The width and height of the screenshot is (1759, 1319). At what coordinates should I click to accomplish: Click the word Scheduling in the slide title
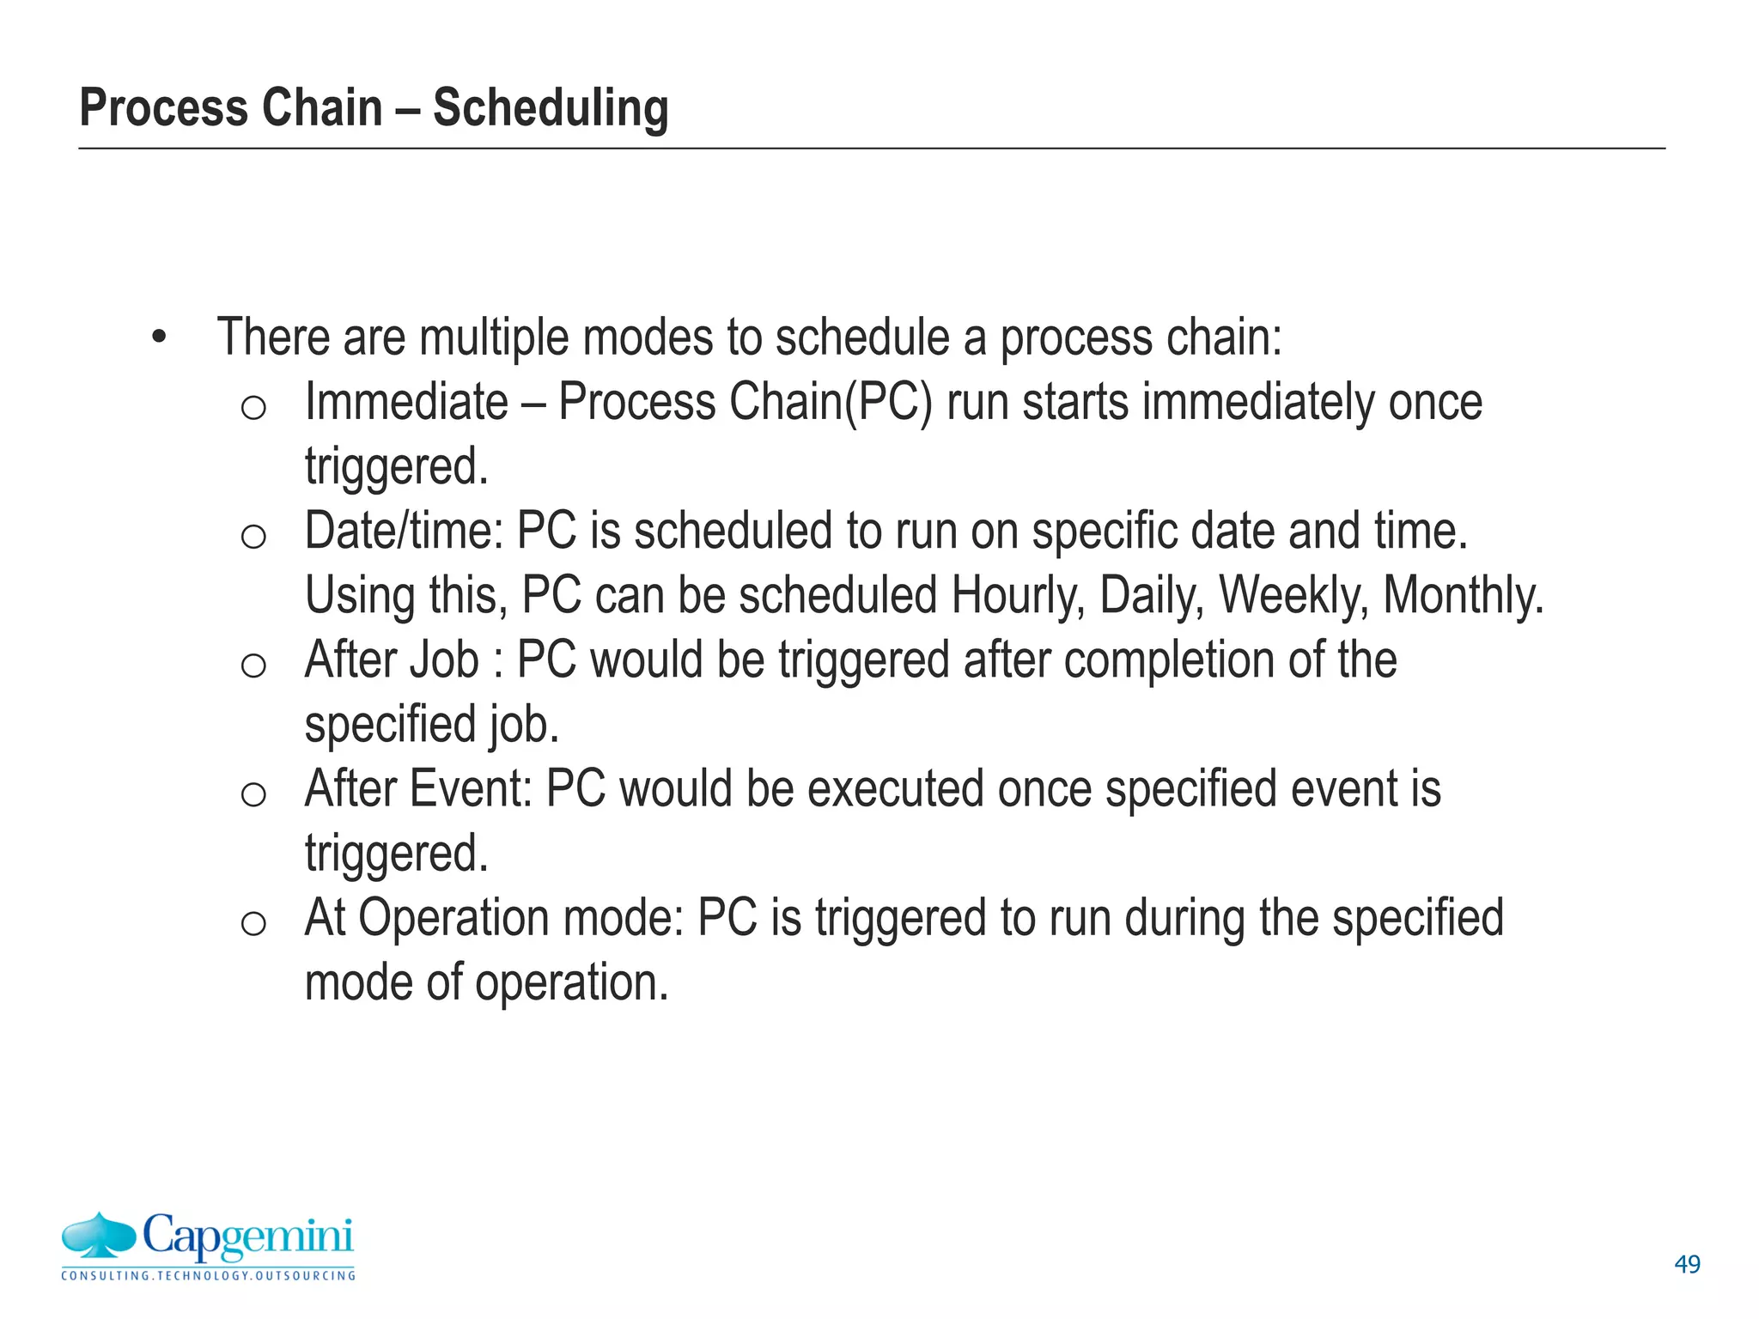point(550,109)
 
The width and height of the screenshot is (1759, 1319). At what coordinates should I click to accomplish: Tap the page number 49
point(1687,1264)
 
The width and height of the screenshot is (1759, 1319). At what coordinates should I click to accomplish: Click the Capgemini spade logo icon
point(99,1237)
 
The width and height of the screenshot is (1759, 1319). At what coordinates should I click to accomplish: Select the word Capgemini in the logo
point(247,1237)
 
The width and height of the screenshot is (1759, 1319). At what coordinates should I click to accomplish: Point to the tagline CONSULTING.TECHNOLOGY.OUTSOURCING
point(208,1276)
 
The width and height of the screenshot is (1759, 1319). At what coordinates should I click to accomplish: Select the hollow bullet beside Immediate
point(253,408)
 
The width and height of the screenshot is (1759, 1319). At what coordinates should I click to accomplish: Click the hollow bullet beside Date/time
point(253,537)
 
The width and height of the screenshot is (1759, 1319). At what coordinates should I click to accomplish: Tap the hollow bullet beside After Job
point(253,666)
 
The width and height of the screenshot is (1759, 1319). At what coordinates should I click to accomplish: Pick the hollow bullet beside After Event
point(253,794)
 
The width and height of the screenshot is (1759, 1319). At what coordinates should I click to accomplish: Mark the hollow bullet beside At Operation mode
point(253,923)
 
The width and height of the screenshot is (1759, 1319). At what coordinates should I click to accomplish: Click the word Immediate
point(406,402)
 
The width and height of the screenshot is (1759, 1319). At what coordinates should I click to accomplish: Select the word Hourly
point(1018,595)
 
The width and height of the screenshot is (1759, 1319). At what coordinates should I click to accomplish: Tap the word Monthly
point(1463,595)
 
